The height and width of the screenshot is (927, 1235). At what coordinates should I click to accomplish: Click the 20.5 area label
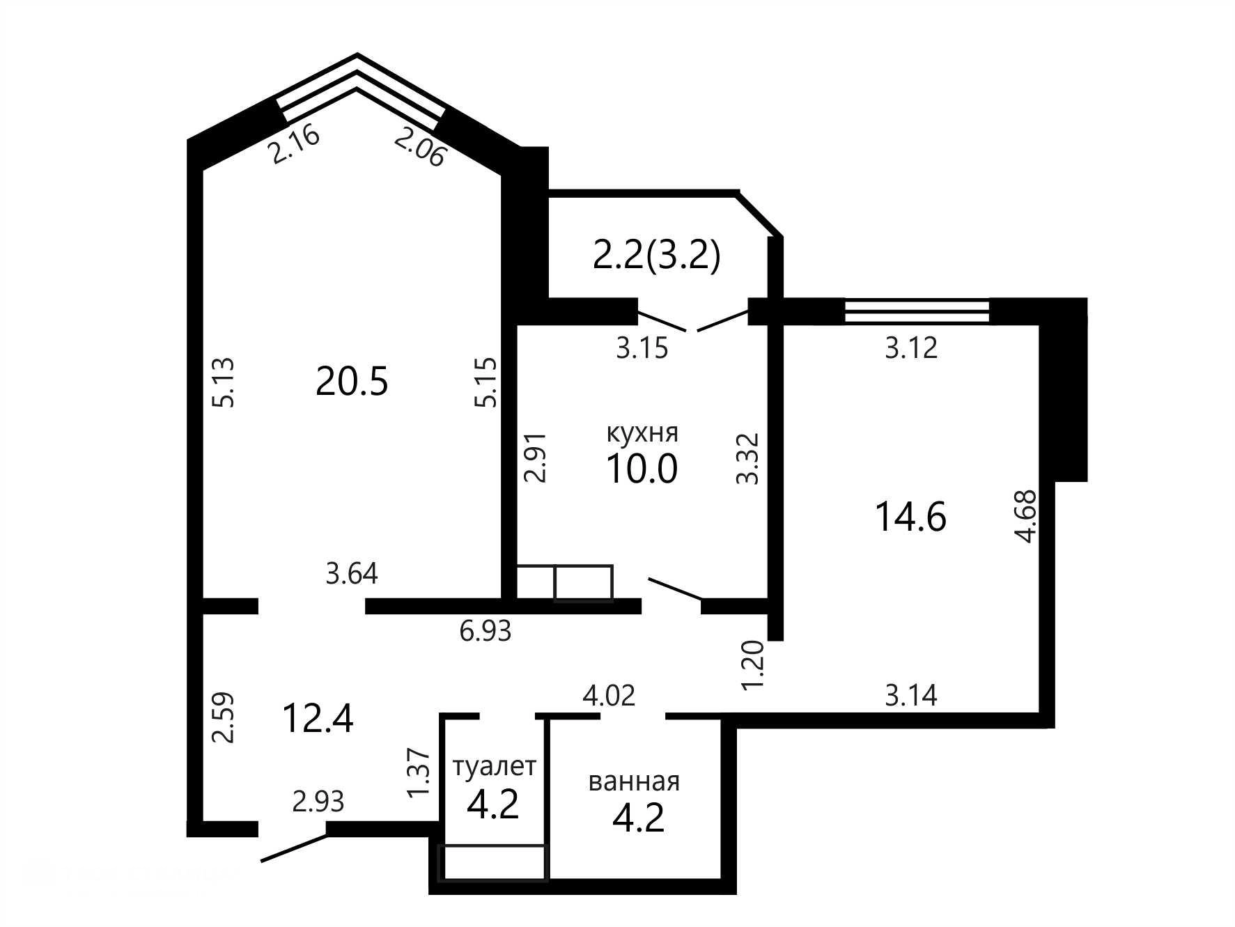click(x=351, y=381)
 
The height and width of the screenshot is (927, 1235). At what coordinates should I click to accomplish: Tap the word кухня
click(x=642, y=433)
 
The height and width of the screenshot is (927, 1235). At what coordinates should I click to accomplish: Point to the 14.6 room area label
click(x=910, y=517)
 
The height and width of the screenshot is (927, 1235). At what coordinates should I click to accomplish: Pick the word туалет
click(x=494, y=768)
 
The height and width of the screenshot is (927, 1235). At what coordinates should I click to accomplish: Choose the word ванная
click(x=634, y=781)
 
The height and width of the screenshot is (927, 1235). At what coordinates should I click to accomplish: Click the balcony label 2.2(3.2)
click(x=655, y=256)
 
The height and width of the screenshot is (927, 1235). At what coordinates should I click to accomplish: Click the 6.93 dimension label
click(x=486, y=631)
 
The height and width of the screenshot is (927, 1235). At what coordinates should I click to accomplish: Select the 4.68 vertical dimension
click(x=1027, y=517)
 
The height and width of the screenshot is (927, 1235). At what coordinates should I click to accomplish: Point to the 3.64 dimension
click(x=352, y=574)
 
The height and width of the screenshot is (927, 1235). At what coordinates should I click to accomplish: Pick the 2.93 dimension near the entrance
click(x=318, y=802)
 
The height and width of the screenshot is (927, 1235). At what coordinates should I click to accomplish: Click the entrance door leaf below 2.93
click(x=293, y=848)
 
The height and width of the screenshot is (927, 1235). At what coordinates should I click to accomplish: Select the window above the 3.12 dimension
click(x=917, y=311)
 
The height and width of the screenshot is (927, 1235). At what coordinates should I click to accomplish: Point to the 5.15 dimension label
click(x=486, y=382)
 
